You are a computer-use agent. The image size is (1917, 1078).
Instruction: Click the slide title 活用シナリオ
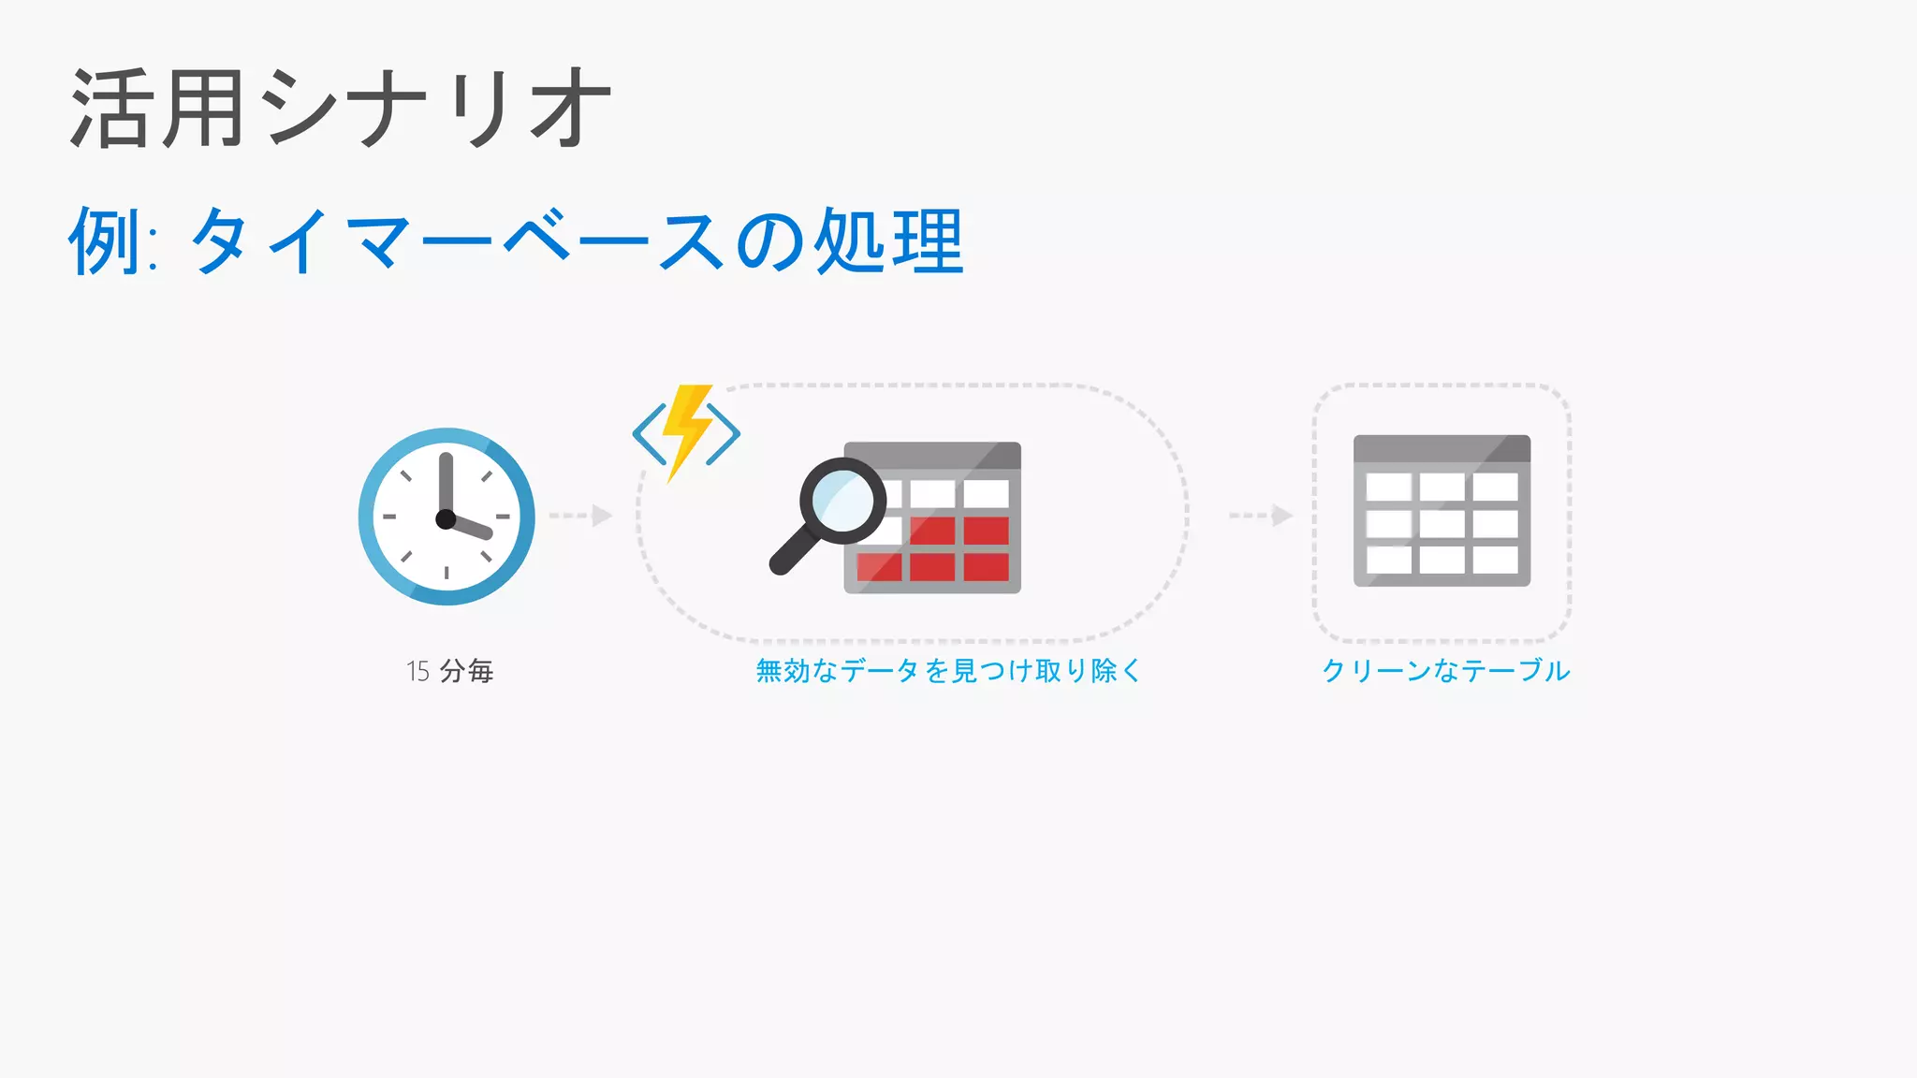(341, 109)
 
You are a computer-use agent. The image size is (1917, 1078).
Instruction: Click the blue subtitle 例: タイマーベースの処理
(516, 241)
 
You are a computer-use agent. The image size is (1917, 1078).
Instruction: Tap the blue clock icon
(446, 517)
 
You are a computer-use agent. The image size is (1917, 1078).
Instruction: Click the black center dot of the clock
(446, 518)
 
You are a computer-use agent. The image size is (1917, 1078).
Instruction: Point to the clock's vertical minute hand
(446, 482)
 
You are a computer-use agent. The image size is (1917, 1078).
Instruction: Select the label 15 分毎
(449, 671)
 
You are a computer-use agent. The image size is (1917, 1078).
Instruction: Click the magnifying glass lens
(841, 501)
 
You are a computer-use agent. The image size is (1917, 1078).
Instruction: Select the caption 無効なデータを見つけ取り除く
(948, 671)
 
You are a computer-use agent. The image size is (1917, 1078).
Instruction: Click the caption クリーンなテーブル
(1445, 671)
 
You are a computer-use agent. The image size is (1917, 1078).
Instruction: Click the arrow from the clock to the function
(581, 516)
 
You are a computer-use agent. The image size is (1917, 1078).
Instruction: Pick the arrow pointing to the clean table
(1261, 516)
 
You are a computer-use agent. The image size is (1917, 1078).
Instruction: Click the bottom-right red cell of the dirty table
(987, 567)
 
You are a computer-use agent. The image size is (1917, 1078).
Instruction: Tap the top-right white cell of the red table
(987, 493)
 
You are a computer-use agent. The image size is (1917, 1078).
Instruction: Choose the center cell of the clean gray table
(1441, 523)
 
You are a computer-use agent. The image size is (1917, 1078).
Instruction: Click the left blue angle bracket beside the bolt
(649, 433)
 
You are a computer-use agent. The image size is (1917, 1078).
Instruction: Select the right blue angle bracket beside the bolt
(724, 433)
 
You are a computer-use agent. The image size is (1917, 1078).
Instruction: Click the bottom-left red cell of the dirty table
(879, 567)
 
